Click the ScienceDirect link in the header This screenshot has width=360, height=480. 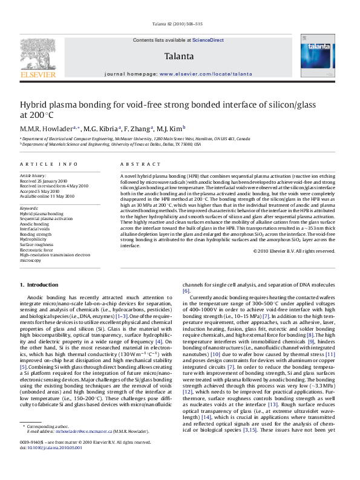click(x=208, y=40)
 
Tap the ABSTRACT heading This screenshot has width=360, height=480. click(x=135, y=164)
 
